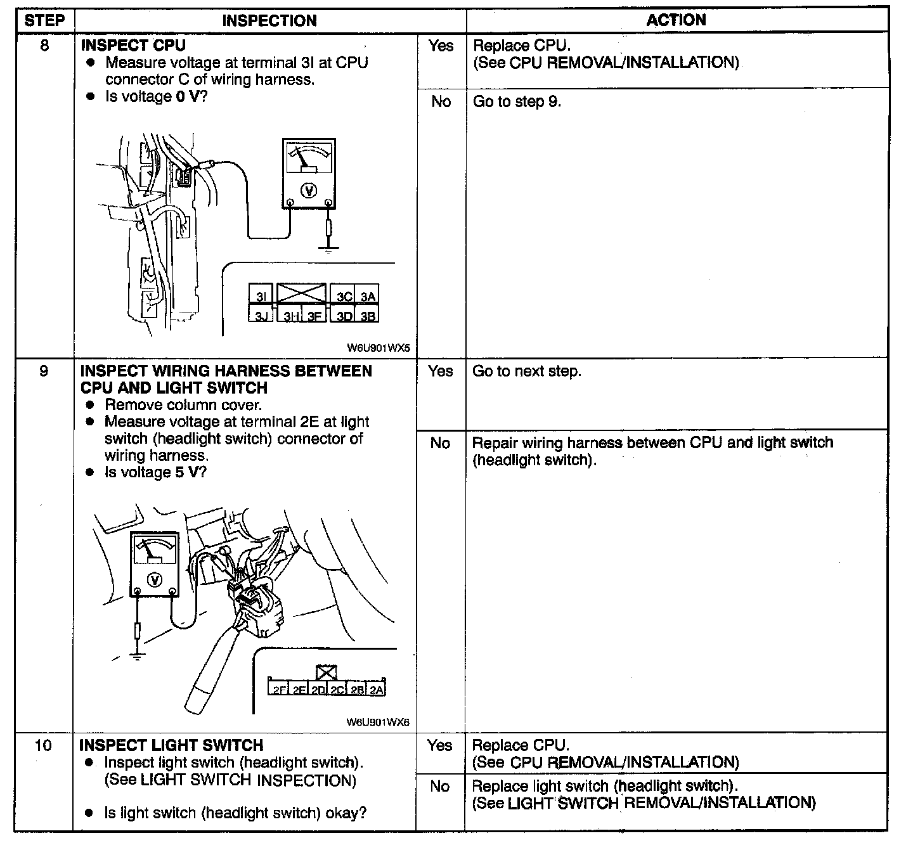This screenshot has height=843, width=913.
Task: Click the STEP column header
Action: [44, 20]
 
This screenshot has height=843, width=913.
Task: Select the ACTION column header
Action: [676, 20]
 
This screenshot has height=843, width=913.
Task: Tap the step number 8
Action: [44, 46]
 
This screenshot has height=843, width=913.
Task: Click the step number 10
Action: [43, 745]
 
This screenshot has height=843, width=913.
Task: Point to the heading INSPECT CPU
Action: [133, 46]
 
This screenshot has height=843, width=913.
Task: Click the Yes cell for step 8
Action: [441, 46]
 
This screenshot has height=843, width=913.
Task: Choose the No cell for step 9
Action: [440, 443]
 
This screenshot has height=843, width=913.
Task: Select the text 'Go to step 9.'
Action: [517, 102]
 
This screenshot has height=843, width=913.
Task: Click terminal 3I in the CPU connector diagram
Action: [261, 297]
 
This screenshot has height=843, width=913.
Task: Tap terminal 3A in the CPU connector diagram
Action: [368, 297]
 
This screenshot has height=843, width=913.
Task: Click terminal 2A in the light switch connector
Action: [377, 690]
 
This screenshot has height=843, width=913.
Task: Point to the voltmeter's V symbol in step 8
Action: [308, 190]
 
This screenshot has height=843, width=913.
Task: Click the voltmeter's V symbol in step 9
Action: [154, 579]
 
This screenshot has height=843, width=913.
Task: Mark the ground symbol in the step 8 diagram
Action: [328, 250]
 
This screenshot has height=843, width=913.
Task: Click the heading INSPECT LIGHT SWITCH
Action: [171, 745]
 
